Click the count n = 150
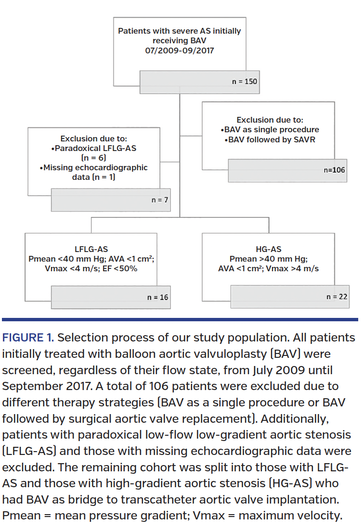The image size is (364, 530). point(244,81)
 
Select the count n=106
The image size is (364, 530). point(334,170)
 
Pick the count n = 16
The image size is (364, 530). point(157,297)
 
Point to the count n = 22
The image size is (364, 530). point(337,297)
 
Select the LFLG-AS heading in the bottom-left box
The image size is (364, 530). point(91,249)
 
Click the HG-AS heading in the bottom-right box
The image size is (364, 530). point(269,249)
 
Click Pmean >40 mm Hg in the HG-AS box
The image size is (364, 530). point(269,259)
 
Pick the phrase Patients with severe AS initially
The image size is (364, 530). point(180,31)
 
